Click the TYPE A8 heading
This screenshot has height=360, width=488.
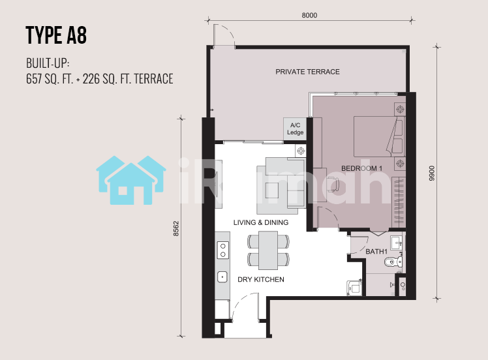[56, 35]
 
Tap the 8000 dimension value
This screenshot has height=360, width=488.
[309, 15]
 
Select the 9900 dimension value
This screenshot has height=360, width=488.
[432, 173]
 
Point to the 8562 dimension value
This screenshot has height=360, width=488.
[176, 228]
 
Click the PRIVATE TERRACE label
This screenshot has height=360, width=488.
[307, 72]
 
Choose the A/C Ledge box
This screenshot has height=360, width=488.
[295, 129]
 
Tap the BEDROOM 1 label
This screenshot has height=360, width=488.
[361, 168]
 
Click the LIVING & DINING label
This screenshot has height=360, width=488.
[261, 222]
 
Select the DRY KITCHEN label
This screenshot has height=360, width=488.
[261, 279]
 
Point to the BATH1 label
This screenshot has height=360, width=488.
[376, 251]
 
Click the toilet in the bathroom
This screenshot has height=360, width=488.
[393, 262]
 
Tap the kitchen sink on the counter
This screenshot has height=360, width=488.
[222, 277]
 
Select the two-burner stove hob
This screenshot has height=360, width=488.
[223, 250]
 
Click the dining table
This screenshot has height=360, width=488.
[268, 250]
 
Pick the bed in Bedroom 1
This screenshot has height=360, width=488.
[380, 136]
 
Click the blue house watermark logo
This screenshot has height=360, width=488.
[131, 180]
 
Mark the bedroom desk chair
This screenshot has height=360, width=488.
[333, 184]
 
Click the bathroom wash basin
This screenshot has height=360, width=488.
[397, 243]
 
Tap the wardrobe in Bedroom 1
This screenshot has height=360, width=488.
[399, 202]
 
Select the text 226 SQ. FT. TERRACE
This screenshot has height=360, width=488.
[128, 79]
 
